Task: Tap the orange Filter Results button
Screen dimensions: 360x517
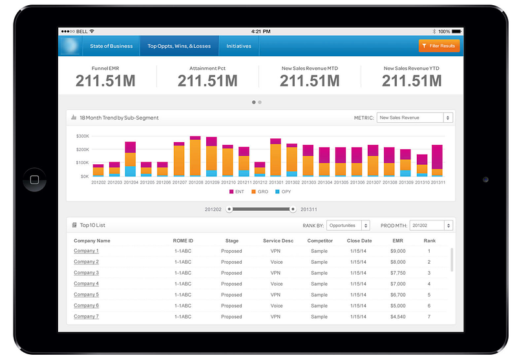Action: (439, 46)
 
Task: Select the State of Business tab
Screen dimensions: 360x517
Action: (111, 46)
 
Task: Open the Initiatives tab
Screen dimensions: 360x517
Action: (238, 46)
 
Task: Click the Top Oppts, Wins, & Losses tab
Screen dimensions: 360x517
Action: (179, 46)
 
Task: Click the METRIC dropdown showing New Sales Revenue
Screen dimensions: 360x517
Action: (414, 118)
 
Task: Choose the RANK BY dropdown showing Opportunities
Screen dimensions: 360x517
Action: (348, 226)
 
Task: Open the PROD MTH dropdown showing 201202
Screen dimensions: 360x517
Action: (430, 226)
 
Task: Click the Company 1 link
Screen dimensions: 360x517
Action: (86, 251)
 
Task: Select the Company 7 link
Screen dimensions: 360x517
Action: (86, 317)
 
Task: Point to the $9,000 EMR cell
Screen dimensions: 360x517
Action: (398, 251)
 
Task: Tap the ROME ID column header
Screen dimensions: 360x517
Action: (184, 240)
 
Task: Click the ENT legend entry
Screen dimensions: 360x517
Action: (237, 191)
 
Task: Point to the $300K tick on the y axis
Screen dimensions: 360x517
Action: (82, 136)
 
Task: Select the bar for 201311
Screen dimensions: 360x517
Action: (438, 160)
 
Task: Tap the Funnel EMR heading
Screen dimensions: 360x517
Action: (105, 68)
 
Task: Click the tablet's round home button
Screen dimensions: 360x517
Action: (34, 179)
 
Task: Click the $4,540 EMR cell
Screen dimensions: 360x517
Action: (398, 317)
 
